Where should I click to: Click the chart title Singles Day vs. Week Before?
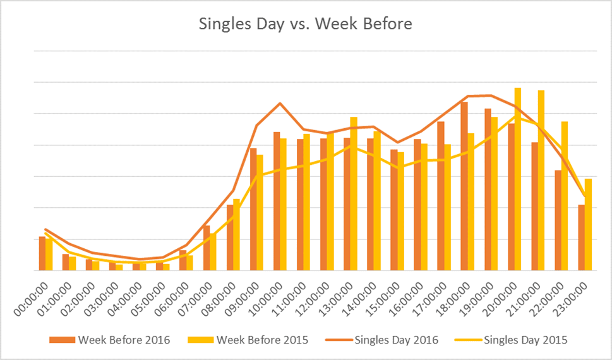tap(306, 25)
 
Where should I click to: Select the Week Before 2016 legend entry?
tap(124, 340)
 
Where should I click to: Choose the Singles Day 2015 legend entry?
tap(525, 340)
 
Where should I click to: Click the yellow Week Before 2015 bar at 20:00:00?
tap(518, 179)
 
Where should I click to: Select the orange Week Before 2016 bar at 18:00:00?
tap(464, 186)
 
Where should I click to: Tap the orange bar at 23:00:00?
tap(582, 237)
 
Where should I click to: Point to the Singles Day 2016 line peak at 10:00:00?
tap(280, 103)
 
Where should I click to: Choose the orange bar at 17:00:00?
tap(441, 196)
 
